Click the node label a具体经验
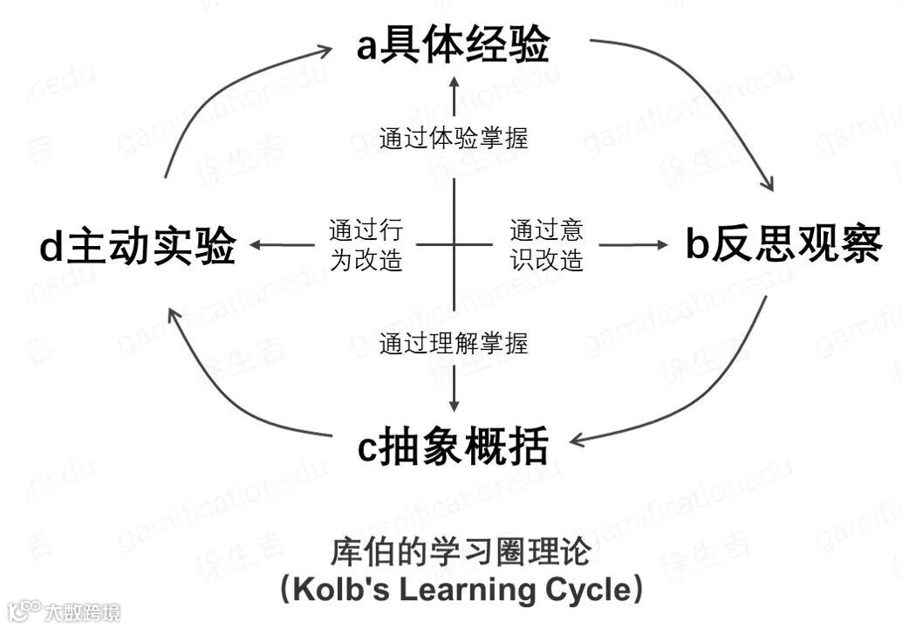point(453,45)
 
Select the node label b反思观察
point(783,245)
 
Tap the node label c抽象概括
point(453,448)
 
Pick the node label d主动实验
point(138,247)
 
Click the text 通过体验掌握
point(454,138)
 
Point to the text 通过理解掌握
point(454,343)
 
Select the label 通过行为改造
point(366,245)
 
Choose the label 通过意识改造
point(546,245)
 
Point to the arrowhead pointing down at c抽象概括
point(454,405)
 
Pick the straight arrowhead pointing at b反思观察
point(659,245)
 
